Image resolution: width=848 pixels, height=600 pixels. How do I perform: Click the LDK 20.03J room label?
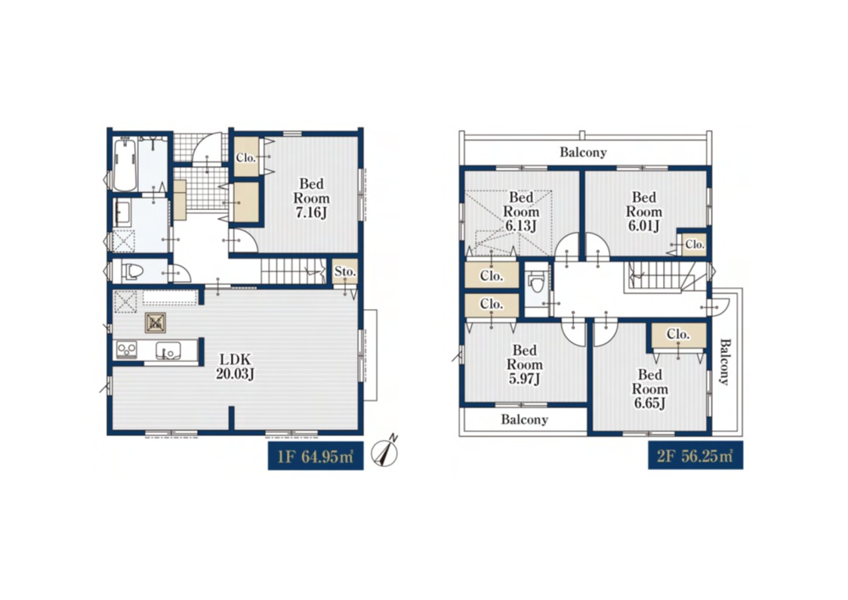(235, 366)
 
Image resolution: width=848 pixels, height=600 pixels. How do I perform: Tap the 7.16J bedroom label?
(311, 198)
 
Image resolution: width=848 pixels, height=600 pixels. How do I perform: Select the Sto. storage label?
(345, 271)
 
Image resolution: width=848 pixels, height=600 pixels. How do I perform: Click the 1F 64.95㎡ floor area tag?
(316, 456)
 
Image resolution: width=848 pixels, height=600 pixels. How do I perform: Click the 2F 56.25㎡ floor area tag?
(695, 456)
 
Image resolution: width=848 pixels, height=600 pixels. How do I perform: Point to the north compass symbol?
(385, 452)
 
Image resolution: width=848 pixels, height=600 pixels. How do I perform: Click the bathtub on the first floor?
(125, 164)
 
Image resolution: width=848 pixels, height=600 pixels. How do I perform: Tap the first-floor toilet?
(131, 271)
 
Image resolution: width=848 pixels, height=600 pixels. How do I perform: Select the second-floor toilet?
(536, 281)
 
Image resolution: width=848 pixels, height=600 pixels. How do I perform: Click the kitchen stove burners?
(127, 349)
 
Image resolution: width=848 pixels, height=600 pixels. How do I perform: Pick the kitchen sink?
(168, 351)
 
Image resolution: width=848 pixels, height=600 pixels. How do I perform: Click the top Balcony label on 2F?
(583, 152)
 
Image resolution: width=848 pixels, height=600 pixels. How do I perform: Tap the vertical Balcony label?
(725, 361)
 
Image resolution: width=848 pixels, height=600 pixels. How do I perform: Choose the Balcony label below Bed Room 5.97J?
(524, 419)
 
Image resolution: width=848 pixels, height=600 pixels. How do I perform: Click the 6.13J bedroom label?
(521, 212)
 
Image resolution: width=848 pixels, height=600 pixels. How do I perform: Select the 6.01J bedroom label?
(643, 212)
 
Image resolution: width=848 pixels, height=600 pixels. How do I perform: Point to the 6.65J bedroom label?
(649, 388)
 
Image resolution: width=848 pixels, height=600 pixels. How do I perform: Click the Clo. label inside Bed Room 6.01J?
(695, 245)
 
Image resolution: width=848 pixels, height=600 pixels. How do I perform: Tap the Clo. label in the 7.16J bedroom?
(245, 158)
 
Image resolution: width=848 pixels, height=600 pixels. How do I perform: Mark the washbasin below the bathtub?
(122, 212)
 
